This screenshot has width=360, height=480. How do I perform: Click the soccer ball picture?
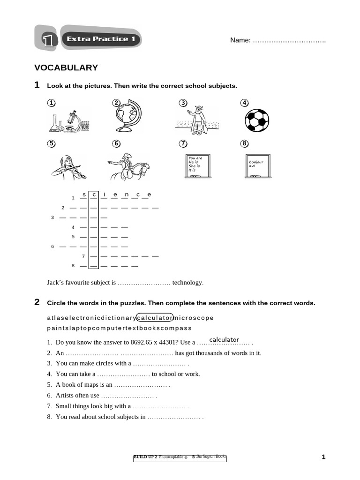pyautogui.click(x=257, y=120)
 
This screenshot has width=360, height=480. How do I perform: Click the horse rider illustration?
pyautogui.click(x=129, y=167)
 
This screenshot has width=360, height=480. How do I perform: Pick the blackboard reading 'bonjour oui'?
pyautogui.click(x=257, y=165)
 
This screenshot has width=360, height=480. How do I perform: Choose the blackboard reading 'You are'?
pyautogui.click(x=197, y=165)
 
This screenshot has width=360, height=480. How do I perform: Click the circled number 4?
pyautogui.click(x=244, y=103)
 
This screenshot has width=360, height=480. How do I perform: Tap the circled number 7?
pyautogui.click(x=183, y=144)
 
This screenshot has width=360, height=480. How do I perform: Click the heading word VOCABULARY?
pyautogui.click(x=66, y=68)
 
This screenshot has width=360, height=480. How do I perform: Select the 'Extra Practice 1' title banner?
pyautogui.click(x=101, y=39)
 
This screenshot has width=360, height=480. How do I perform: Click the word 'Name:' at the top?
pyautogui.click(x=240, y=40)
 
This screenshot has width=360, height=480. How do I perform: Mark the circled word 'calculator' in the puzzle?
pyautogui.click(x=154, y=318)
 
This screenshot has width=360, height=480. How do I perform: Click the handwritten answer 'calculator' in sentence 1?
pyautogui.click(x=224, y=339)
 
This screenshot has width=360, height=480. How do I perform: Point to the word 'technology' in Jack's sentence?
pyautogui.click(x=187, y=283)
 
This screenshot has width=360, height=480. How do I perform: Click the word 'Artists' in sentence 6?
pyautogui.click(x=65, y=395)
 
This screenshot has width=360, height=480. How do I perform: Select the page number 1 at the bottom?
pyautogui.click(x=323, y=457)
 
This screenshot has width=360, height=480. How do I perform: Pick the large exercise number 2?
pyautogui.click(x=37, y=302)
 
